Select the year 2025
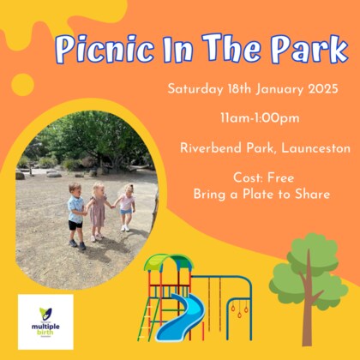coord(321,88)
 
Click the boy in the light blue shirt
coord(77,217)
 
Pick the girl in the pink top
coord(126,207)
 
